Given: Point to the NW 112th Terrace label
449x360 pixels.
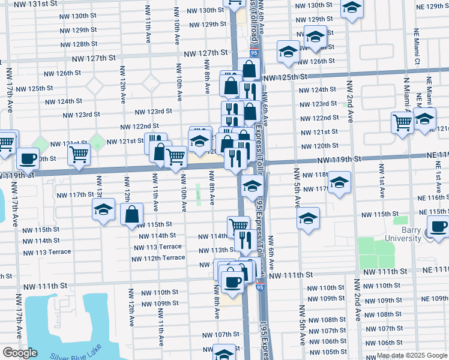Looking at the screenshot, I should (x=158, y=258).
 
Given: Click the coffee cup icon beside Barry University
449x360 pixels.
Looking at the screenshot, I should (x=438, y=228).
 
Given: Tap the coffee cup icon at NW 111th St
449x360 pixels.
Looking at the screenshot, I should (x=232, y=281).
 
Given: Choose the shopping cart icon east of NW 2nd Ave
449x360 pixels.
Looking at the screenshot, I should (x=402, y=122).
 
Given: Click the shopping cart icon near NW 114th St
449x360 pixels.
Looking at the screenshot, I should (x=238, y=226).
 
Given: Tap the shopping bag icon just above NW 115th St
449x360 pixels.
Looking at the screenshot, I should (x=131, y=214).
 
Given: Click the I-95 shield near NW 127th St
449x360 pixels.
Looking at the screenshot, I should (x=254, y=54).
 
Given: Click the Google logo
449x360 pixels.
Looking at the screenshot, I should (x=20, y=353).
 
